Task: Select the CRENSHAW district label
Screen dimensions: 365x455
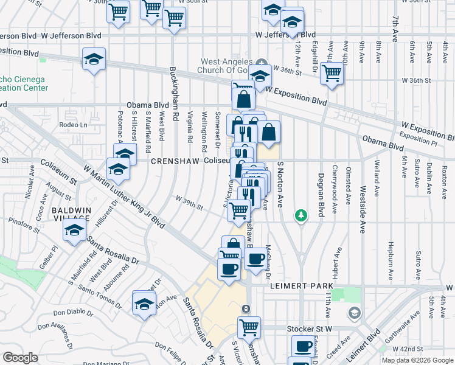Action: (175, 161)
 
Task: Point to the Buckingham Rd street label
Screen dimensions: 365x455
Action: (173, 93)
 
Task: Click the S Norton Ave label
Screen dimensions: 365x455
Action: (281, 183)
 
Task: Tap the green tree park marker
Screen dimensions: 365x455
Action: (300, 215)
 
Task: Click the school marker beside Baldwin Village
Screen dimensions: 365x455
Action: (75, 231)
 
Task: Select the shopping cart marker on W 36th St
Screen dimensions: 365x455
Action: (332, 73)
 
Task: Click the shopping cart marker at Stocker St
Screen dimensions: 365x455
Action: (249, 327)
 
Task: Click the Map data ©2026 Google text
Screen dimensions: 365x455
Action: (417, 360)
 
